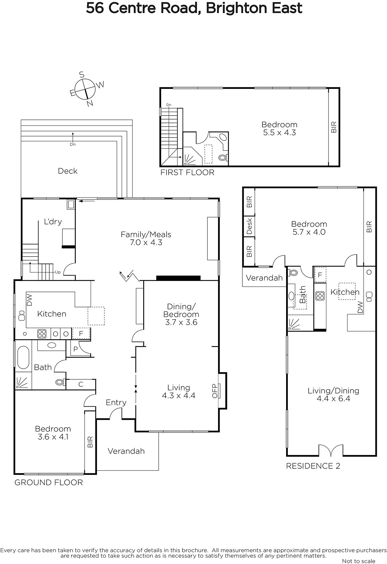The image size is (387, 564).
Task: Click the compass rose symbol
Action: (x=86, y=89)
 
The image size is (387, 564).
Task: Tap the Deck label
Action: (x=67, y=171)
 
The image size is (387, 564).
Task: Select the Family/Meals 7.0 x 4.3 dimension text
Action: (x=146, y=243)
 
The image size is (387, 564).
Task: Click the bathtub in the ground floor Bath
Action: (x=23, y=357)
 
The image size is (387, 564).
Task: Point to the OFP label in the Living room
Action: (x=214, y=391)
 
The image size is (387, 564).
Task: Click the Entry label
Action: (x=116, y=403)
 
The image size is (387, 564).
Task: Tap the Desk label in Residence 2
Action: (x=249, y=226)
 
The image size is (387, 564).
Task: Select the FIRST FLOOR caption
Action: (x=187, y=172)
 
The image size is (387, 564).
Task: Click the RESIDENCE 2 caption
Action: (x=313, y=466)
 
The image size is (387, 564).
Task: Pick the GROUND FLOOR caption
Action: (x=49, y=483)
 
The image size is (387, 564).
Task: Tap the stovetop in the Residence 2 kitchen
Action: (x=320, y=296)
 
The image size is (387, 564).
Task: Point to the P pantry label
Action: (x=75, y=349)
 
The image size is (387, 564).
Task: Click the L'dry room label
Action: (x=53, y=222)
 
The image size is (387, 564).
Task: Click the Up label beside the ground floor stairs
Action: (x=58, y=272)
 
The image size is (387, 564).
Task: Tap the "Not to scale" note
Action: (x=358, y=561)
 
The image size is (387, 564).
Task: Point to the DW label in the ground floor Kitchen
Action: (x=30, y=300)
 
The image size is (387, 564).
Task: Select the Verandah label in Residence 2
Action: (x=264, y=278)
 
